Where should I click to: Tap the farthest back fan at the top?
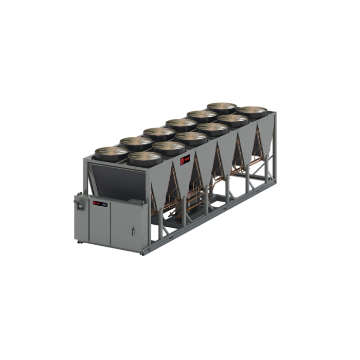tap(222, 107)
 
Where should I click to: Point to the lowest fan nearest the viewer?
tap(144, 157)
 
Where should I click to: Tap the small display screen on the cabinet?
tap(81, 205)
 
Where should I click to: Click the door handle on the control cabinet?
tap(133, 232)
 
